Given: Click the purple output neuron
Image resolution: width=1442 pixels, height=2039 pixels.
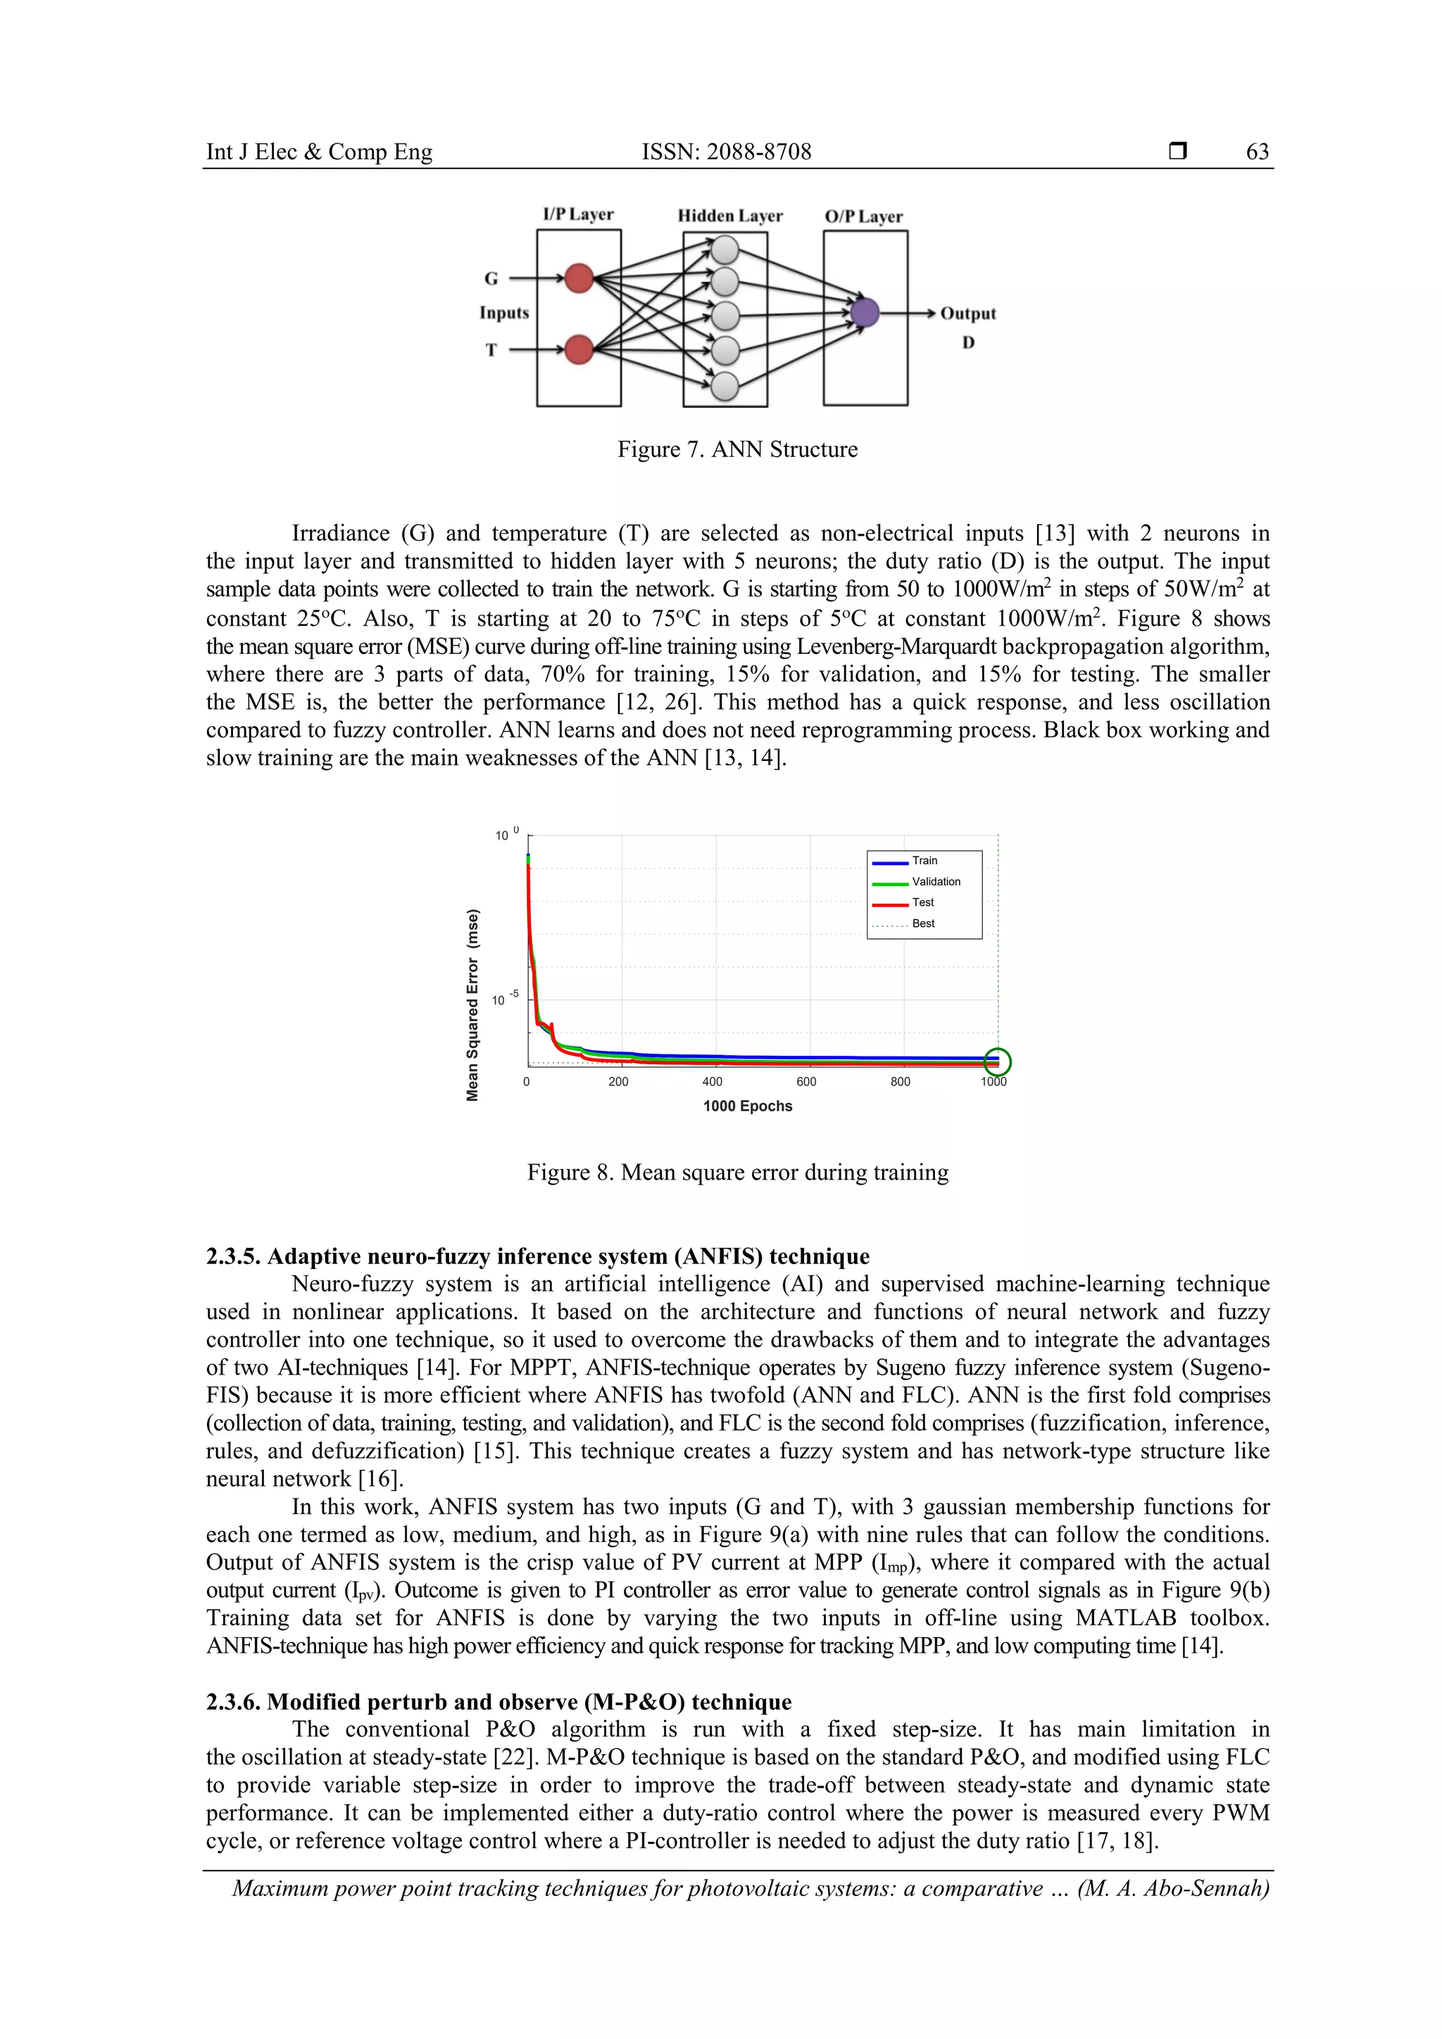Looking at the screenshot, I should (865, 313).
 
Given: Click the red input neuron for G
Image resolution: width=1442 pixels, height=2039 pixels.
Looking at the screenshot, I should (579, 278).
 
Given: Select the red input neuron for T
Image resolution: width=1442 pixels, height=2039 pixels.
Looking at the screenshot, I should (579, 349).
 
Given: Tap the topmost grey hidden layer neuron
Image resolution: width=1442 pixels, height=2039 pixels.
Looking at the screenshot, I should (725, 251).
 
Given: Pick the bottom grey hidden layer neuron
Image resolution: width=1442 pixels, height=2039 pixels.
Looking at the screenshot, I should (725, 386).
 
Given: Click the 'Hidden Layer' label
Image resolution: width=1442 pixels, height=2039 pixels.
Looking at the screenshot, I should (729, 216).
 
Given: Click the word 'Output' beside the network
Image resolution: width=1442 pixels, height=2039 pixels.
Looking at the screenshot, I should (967, 313).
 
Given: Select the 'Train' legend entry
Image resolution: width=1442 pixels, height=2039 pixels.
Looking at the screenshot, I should (924, 861).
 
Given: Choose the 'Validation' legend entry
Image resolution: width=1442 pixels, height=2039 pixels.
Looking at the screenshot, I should (936, 882).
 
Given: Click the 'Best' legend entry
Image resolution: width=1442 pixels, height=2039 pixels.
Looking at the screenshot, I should (922, 923).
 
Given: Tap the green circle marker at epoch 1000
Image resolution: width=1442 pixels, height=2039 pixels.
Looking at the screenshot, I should (998, 1061).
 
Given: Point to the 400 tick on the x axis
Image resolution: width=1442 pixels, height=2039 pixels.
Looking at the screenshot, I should (712, 1082).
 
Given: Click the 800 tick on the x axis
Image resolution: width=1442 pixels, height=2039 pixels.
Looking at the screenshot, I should (900, 1082).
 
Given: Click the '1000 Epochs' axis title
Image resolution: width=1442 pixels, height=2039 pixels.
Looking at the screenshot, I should (747, 1106).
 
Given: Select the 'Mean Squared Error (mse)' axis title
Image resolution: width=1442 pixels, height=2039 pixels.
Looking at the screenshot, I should (472, 1004).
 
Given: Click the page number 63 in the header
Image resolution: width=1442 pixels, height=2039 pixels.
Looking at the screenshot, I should (1258, 152).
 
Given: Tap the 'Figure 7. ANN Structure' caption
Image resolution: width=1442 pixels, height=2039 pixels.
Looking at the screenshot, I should (737, 449).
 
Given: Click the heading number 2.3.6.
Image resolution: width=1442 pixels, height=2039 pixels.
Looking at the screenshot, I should (234, 1702).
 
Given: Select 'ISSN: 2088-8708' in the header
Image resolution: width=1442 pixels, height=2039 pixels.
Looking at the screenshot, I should (726, 152).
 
